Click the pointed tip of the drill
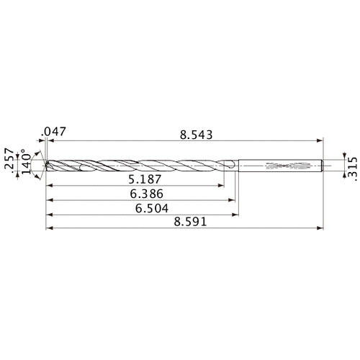point(45,166)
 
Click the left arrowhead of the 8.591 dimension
point(48,229)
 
